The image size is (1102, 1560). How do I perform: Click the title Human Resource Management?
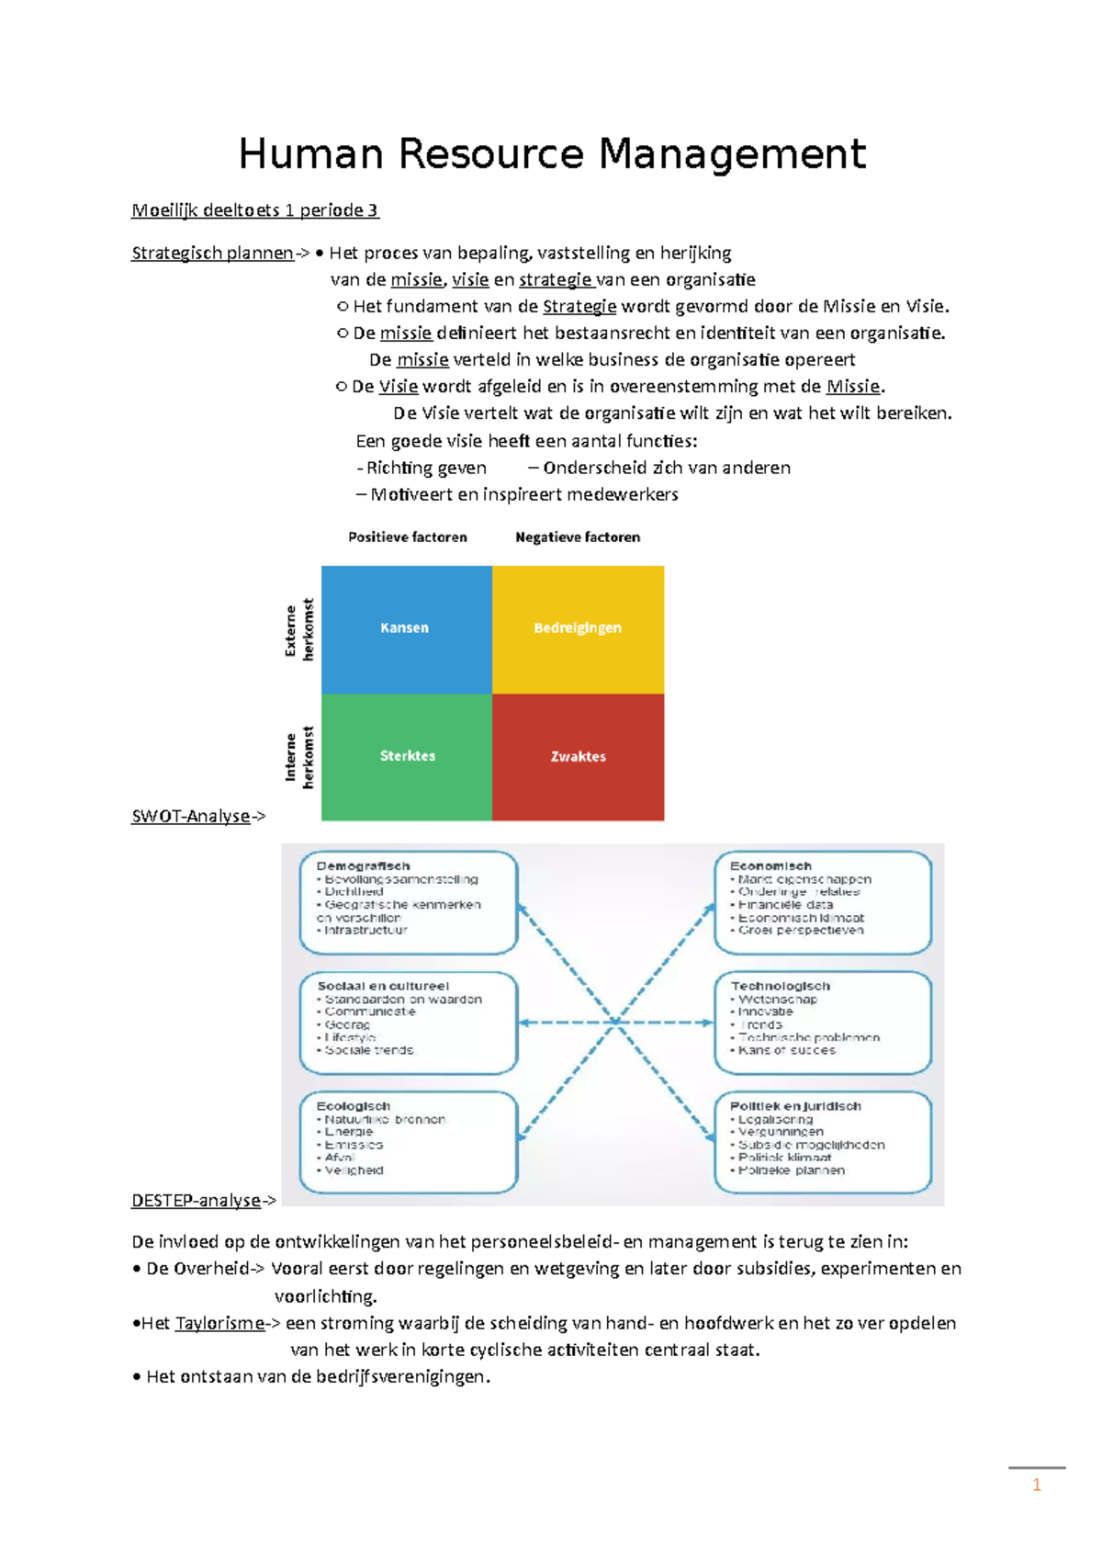coord(551,153)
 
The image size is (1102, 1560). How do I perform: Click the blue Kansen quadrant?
coord(406,628)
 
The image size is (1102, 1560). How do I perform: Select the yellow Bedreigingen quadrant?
coord(578,628)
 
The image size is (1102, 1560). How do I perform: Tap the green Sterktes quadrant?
coord(407,756)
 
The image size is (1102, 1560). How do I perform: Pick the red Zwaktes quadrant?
coord(578,757)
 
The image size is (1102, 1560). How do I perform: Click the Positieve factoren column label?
coord(408,537)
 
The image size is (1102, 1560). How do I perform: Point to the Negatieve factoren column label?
coord(578,537)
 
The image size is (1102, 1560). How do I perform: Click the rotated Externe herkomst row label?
coord(299,630)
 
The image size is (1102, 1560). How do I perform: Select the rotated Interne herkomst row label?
coord(299,757)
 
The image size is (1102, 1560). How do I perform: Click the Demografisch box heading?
coord(363,865)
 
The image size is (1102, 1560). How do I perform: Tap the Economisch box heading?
coord(770,865)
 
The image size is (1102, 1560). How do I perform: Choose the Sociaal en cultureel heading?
coord(383,986)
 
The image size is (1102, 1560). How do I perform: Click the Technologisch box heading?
coord(781,986)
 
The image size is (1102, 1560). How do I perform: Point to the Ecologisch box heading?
coord(354,1106)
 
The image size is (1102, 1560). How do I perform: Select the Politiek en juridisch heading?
coord(795,1106)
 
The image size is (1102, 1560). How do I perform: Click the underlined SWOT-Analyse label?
coord(191,816)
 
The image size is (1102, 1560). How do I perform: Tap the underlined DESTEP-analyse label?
coord(197,1200)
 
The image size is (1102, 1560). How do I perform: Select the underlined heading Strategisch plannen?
coord(212,253)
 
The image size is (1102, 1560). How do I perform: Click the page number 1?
coord(1037,1486)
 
